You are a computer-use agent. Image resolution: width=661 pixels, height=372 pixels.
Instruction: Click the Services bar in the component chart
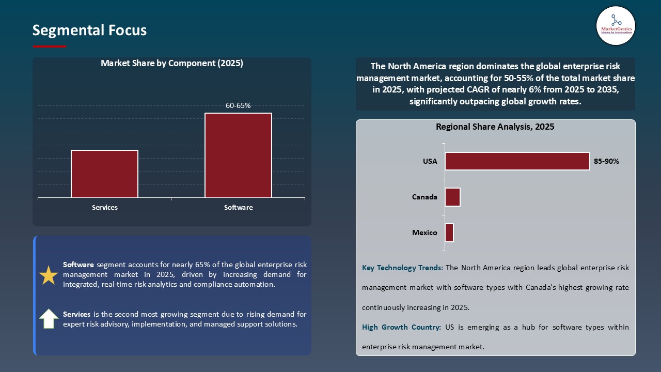click(x=104, y=174)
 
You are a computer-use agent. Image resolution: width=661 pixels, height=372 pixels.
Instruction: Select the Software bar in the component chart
click(x=238, y=155)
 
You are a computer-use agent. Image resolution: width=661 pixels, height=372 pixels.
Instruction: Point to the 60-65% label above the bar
click(x=238, y=105)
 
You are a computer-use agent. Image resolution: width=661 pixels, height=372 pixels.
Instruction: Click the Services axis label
click(x=105, y=207)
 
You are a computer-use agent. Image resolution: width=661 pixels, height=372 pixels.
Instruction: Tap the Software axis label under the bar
click(x=238, y=207)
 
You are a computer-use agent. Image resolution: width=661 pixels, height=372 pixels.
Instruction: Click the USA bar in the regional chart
click(x=517, y=161)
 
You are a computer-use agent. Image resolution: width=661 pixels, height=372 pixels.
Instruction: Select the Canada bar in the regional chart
click(x=452, y=197)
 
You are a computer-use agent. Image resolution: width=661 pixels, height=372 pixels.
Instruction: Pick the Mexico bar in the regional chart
click(x=449, y=233)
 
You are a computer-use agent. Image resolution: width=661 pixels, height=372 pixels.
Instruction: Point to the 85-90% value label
click(x=606, y=161)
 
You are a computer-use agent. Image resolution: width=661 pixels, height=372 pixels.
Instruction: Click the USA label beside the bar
click(x=430, y=161)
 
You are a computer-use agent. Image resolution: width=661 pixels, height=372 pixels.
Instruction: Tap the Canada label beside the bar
click(x=424, y=197)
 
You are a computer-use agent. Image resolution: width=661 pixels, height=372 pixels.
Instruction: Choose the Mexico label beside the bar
click(x=424, y=233)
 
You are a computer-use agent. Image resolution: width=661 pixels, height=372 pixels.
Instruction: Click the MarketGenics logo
click(x=616, y=25)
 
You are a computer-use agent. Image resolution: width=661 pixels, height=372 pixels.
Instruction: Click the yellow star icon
click(x=49, y=275)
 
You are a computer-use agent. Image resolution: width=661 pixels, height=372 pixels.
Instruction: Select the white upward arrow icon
click(x=49, y=319)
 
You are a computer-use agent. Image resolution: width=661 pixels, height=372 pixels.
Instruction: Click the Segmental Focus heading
click(x=89, y=30)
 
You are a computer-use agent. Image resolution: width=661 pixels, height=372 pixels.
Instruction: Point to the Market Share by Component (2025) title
click(x=171, y=64)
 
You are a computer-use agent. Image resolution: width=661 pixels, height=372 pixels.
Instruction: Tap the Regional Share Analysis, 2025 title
click(x=495, y=127)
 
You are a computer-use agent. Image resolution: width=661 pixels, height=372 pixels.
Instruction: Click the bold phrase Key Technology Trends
click(x=402, y=268)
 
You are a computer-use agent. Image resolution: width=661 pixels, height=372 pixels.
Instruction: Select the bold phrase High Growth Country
click(x=401, y=327)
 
